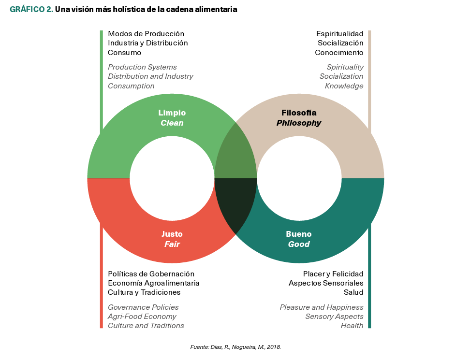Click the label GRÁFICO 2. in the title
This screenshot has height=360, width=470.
pyautogui.click(x=31, y=10)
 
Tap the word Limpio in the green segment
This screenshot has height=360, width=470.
pyautogui.click(x=172, y=113)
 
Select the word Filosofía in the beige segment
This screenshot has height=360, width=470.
pyautogui.click(x=299, y=113)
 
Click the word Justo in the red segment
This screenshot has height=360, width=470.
pyautogui.click(x=172, y=234)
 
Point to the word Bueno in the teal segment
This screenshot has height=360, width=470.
pyautogui.click(x=299, y=234)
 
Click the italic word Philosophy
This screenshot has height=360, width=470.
pyautogui.click(x=299, y=123)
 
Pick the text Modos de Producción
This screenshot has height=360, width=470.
pyautogui.click(x=146, y=34)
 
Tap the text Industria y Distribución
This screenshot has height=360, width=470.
pyautogui.click(x=147, y=43)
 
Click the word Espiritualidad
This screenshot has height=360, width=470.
pyautogui.click(x=339, y=34)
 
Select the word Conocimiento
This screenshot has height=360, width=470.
pyautogui.click(x=339, y=53)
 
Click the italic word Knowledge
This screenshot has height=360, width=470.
pyautogui.click(x=344, y=86)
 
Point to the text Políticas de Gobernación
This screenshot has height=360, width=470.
pyautogui.click(x=151, y=274)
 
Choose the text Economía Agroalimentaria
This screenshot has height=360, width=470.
pyautogui.click(x=153, y=283)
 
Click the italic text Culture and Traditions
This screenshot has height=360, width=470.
pyautogui.click(x=146, y=326)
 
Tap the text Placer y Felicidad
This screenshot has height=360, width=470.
pyautogui.click(x=333, y=274)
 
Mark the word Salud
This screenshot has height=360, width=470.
pyautogui.click(x=353, y=292)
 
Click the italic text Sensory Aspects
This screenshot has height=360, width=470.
pyautogui.click(x=334, y=317)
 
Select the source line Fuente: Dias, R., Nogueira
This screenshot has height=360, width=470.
pyautogui.click(x=235, y=347)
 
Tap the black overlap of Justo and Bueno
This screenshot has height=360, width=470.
pyautogui.click(x=235, y=203)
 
